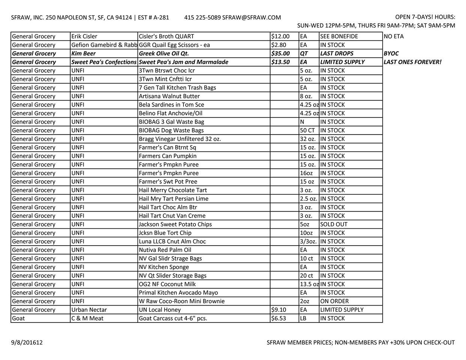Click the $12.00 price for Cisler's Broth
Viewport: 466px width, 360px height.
pyautogui.click(x=280, y=36)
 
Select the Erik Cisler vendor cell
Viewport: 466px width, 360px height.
pyautogui.click(x=84, y=36)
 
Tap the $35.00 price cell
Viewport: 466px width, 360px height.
pyautogui.click(x=280, y=53)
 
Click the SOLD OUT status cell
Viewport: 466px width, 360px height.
pyautogui.click(x=334, y=224)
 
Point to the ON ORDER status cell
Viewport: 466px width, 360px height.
pyautogui.click(x=334, y=301)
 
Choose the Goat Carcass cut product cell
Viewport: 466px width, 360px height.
pyautogui.click(x=173, y=318)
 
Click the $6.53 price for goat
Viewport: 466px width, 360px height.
pyautogui.click(x=278, y=318)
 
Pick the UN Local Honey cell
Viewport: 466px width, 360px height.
pyautogui.click(x=160, y=310)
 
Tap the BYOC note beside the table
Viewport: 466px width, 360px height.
pyautogui.click(x=391, y=53)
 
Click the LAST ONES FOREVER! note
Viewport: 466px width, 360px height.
pyautogui.click(x=412, y=62)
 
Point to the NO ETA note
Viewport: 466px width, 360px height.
pyautogui.click(x=394, y=36)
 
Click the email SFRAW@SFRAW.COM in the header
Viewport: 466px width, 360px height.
pyautogui.click(x=251, y=17)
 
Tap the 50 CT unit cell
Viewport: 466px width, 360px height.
pyautogui.click(x=307, y=130)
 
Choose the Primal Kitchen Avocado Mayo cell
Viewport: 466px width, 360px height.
pyautogui.click(x=178, y=292)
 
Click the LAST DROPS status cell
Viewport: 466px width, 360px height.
pyautogui.click(x=337, y=53)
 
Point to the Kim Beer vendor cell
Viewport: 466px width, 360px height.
pyautogui.click(x=84, y=53)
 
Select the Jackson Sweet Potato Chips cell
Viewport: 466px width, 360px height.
pyautogui.click(x=175, y=224)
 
